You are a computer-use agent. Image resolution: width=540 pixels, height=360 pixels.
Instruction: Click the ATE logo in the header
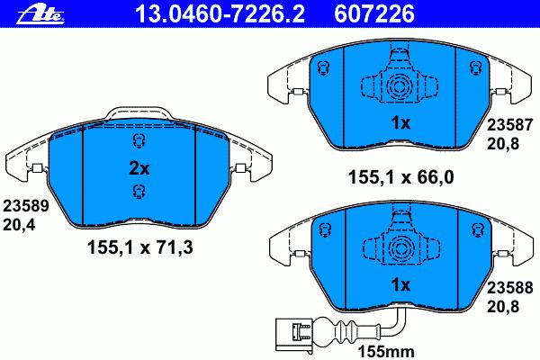click(x=41, y=14)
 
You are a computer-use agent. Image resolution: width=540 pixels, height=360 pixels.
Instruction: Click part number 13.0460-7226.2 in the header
click(x=220, y=14)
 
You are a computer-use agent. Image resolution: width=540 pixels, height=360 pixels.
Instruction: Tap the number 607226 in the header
click(x=374, y=14)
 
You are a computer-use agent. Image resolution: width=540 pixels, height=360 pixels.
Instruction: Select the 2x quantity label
click(x=139, y=168)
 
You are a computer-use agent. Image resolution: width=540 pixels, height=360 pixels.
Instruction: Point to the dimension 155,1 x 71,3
click(x=140, y=247)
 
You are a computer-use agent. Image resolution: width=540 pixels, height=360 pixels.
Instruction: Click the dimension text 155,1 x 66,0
click(x=400, y=177)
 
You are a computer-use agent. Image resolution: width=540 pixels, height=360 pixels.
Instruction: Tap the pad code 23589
click(x=26, y=206)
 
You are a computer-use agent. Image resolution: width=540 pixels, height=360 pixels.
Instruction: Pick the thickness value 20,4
click(x=19, y=225)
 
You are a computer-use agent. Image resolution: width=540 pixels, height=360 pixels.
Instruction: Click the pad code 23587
click(x=509, y=125)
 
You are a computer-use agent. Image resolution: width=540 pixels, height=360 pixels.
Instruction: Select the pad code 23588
click(x=509, y=287)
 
